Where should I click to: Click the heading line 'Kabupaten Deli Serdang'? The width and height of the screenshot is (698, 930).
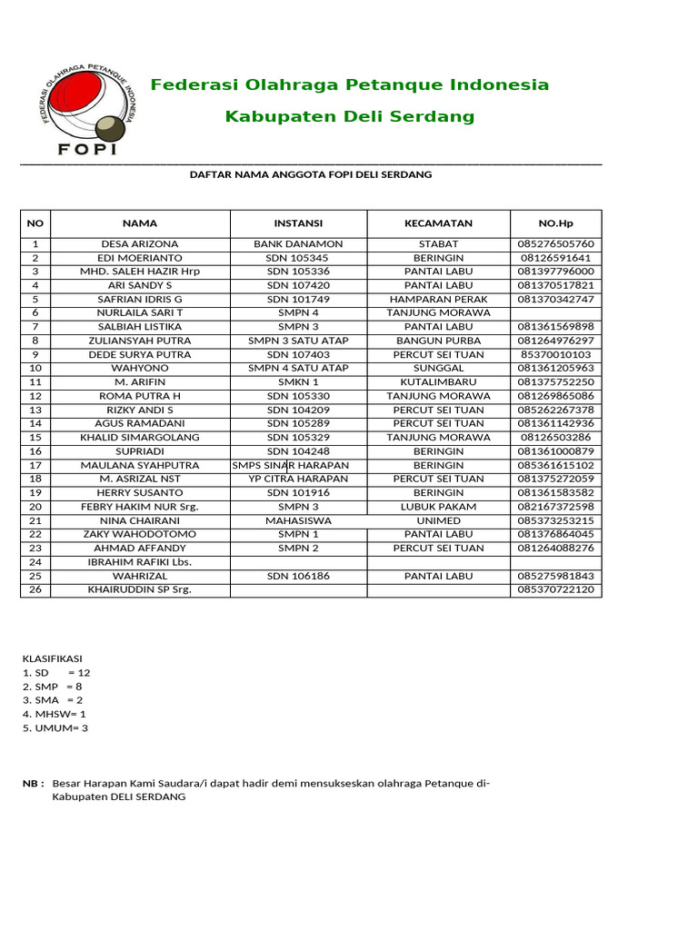(x=350, y=116)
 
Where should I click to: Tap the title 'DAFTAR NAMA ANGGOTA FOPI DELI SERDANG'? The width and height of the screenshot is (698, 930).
(x=310, y=174)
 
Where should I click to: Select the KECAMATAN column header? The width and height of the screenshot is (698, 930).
(x=438, y=223)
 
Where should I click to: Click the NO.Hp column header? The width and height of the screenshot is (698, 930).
(x=555, y=223)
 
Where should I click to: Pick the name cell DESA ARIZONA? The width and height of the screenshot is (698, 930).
(x=140, y=244)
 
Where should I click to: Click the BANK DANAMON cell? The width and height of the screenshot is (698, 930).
(x=298, y=244)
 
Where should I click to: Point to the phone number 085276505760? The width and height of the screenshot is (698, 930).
(x=555, y=244)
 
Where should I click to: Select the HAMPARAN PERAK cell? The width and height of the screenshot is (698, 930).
(x=438, y=299)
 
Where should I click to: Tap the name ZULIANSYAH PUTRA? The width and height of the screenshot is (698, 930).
(x=140, y=341)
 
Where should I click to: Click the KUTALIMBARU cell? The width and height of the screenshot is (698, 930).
(x=438, y=382)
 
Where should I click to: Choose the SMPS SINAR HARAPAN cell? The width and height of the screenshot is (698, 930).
(x=291, y=465)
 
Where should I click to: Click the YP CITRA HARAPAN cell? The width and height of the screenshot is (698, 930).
(x=298, y=479)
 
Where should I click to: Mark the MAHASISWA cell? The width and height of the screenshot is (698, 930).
(x=298, y=520)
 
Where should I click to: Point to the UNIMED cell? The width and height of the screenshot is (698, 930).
(x=438, y=520)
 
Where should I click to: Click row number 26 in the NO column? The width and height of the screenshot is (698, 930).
(x=35, y=589)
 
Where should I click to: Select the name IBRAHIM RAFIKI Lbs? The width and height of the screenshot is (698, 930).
(x=140, y=562)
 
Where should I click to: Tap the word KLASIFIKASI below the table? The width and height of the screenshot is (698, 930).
(x=52, y=658)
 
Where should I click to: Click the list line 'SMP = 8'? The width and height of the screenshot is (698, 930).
(x=52, y=687)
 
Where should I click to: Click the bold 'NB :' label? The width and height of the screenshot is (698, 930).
(x=33, y=783)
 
